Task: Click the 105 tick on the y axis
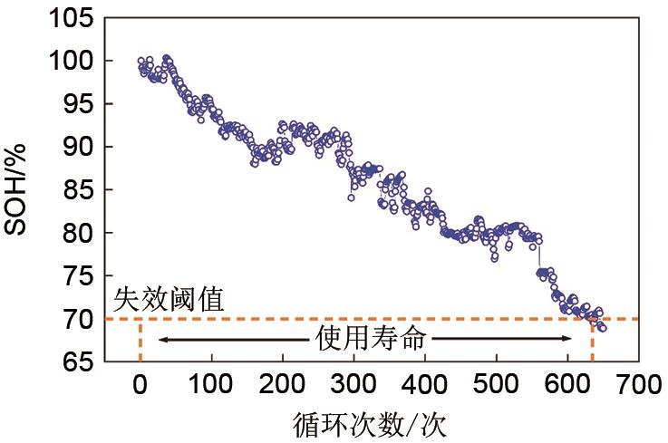(x=71, y=18)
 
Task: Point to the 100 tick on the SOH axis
(x=71, y=61)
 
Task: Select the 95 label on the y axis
(x=76, y=104)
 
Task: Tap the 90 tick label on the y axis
(x=76, y=147)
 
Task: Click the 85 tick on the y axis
(x=76, y=190)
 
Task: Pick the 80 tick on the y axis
(x=76, y=233)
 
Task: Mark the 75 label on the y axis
(x=76, y=276)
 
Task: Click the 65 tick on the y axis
(x=76, y=361)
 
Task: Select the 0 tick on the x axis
(x=140, y=385)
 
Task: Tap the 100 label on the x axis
(x=211, y=385)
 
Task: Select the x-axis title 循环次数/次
(x=371, y=423)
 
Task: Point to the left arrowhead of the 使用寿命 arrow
(x=161, y=340)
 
